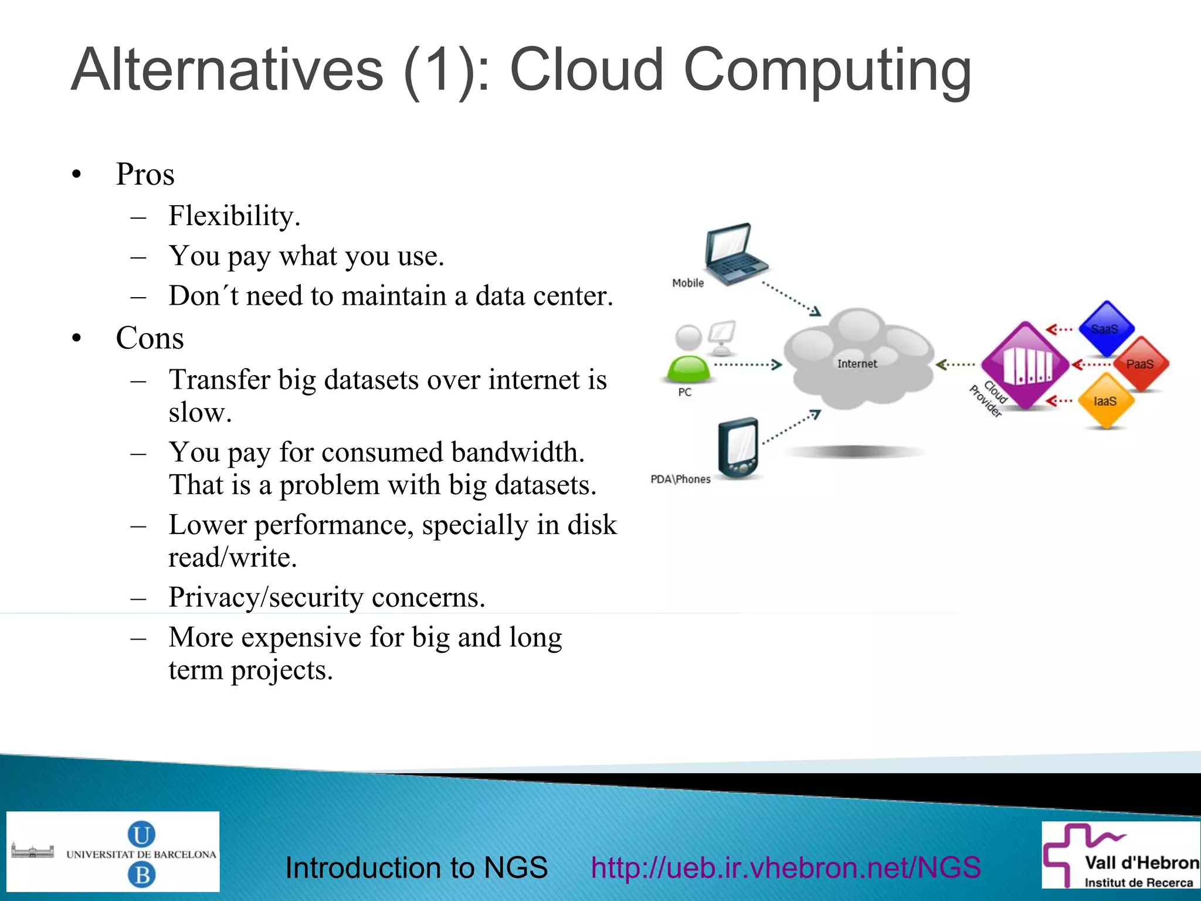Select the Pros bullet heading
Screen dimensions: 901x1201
click(x=145, y=174)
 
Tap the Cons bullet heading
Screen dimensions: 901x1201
click(x=150, y=338)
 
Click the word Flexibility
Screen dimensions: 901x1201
click(x=233, y=216)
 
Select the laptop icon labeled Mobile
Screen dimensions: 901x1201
click(x=734, y=253)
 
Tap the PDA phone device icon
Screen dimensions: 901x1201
click(x=739, y=448)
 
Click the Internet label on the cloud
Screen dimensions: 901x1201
click(x=857, y=363)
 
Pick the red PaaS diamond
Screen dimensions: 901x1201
click(x=1139, y=364)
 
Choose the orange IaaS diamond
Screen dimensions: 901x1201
click(x=1105, y=402)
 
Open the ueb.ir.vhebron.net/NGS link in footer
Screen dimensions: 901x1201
click(x=785, y=868)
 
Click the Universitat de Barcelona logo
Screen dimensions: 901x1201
click(x=113, y=852)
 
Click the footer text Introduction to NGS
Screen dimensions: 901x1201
click(x=416, y=868)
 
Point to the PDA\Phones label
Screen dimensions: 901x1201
click(x=680, y=479)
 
